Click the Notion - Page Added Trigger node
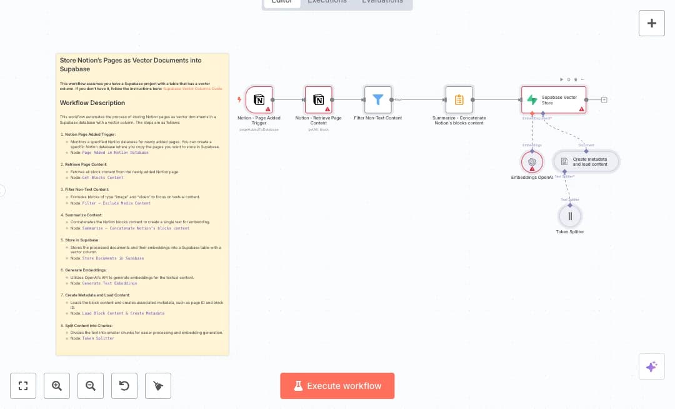[x=259, y=100]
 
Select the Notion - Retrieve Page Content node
[x=318, y=100]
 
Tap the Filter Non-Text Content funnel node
[x=377, y=100]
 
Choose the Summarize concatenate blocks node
[x=459, y=100]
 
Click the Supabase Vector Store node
[x=554, y=100]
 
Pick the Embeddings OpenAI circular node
[x=532, y=162]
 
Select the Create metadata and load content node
[x=586, y=161]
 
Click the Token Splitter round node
[x=570, y=216]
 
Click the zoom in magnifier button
[x=57, y=386]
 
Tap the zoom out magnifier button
[x=91, y=386]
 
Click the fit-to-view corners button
[x=23, y=386]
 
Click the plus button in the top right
[x=651, y=23]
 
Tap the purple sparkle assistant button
[x=651, y=366]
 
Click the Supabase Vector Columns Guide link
[x=192, y=89]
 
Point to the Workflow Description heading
[x=92, y=103]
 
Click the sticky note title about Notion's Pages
[x=131, y=64]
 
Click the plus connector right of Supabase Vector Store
[x=604, y=100]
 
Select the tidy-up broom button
[x=158, y=386]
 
